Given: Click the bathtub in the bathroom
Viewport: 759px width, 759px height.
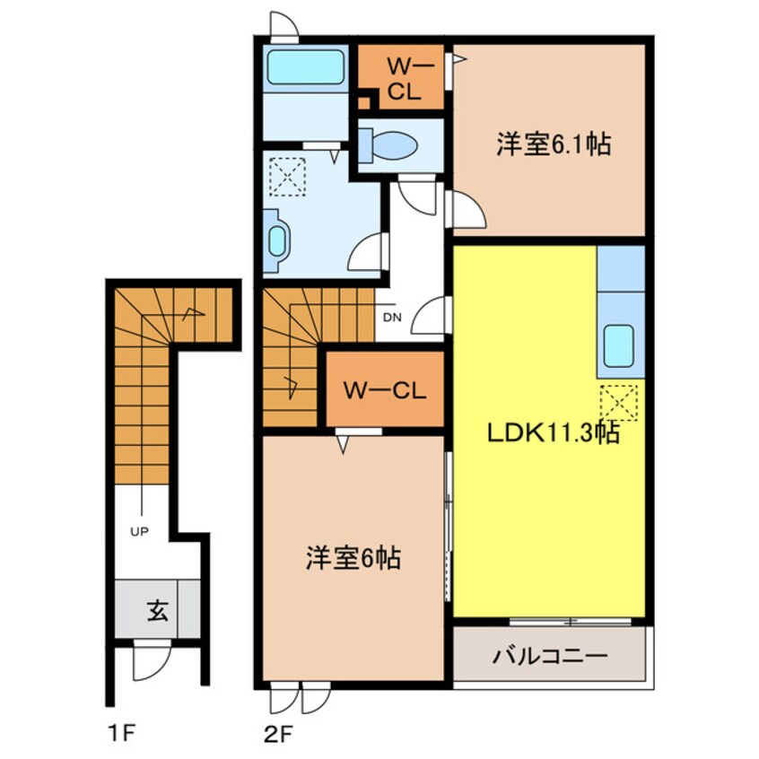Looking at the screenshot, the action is (305, 66).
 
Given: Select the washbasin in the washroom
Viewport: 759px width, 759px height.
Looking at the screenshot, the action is (277, 241).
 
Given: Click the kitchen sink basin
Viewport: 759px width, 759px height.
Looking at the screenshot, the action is (619, 345).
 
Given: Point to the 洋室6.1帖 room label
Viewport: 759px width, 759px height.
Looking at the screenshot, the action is (554, 144).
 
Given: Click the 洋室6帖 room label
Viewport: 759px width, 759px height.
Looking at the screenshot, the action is (353, 558).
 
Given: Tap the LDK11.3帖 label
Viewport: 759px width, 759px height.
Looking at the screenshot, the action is (554, 432).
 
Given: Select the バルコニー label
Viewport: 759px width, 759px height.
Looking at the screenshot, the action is (549, 657).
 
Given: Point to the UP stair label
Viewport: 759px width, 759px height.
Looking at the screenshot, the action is (139, 531).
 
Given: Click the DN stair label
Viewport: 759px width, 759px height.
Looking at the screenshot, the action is (392, 318).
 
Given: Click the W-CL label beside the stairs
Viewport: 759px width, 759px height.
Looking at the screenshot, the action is (385, 390).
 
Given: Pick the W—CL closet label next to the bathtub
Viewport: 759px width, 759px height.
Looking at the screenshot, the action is (405, 79).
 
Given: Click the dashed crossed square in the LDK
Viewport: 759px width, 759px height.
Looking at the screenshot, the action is (619, 403).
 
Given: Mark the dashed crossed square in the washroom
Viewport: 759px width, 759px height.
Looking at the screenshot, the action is (287, 177).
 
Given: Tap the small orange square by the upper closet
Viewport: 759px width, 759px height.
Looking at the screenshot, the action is (363, 102).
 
